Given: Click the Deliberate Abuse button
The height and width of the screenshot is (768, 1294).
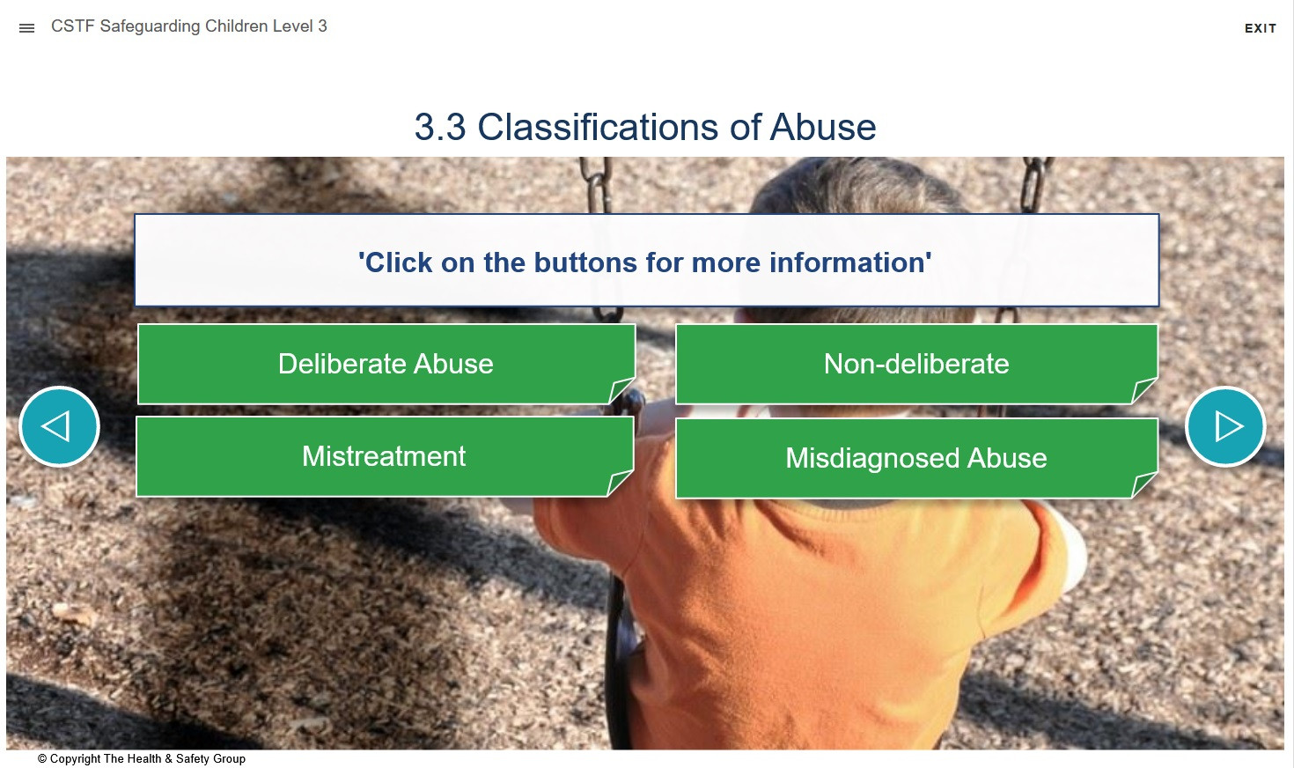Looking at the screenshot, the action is point(386,364).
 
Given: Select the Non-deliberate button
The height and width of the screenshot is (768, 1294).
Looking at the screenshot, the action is point(916,364).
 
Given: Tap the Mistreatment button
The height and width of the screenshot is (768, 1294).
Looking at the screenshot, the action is point(385,456).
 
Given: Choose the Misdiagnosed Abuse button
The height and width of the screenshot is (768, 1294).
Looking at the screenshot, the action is point(916,458).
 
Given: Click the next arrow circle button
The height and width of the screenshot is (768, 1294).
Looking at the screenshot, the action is point(1225,426).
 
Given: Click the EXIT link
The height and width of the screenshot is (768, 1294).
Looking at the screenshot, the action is point(1260,28).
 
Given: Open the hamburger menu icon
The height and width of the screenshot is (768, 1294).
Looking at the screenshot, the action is point(26,27).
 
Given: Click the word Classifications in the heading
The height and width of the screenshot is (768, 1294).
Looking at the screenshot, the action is point(598,127).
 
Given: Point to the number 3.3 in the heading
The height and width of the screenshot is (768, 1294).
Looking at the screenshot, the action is point(440,127).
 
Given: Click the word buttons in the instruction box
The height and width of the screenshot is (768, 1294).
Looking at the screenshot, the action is point(585,262).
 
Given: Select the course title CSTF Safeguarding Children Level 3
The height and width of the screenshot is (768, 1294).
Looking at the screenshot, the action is point(189,26).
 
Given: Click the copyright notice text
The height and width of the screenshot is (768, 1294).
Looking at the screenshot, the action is point(142,758).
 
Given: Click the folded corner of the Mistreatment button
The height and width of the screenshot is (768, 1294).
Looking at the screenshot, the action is point(620,482).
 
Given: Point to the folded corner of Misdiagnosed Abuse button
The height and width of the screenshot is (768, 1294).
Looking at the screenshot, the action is point(1143,484).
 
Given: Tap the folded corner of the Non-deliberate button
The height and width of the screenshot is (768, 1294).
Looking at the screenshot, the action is point(1143,390).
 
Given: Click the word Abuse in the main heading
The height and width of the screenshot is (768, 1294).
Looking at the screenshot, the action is point(822,127).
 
